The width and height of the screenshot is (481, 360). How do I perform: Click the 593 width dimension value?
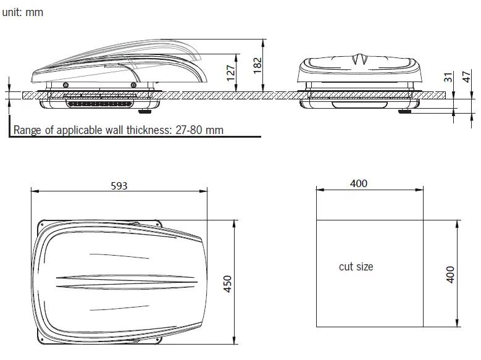[x=119, y=185]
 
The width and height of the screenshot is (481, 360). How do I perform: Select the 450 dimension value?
[x=227, y=283]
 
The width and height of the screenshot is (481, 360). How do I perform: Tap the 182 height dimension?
[x=257, y=63]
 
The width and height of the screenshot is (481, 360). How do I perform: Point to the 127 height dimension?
[x=231, y=73]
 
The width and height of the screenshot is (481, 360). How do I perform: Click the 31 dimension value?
[x=449, y=77]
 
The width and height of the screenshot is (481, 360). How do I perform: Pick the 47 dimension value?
[x=467, y=77]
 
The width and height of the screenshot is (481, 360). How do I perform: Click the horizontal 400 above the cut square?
[x=358, y=183]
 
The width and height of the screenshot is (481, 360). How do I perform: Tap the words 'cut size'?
[x=356, y=267]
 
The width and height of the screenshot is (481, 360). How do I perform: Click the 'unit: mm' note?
[x=23, y=12]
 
